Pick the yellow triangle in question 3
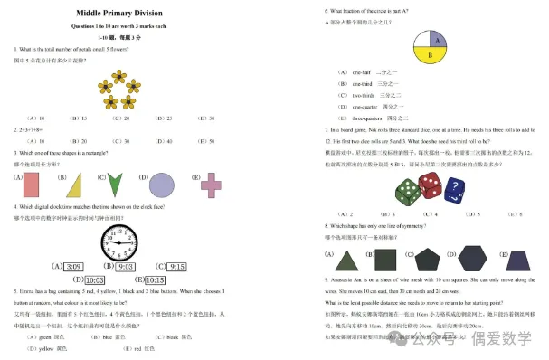pos(74,186)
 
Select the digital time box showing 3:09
pos(73,267)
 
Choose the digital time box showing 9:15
pos(177,267)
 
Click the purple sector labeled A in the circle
pos(438,39)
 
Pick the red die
pos(431,185)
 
